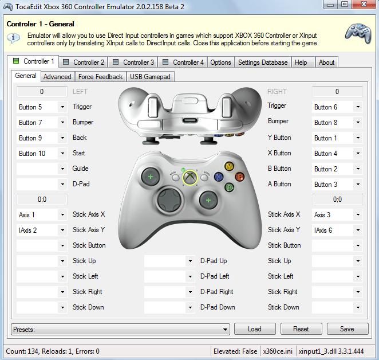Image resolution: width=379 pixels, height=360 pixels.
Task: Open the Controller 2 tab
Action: pyautogui.click(x=84, y=62)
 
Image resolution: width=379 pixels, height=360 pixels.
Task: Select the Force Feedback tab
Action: pyautogui.click(x=101, y=77)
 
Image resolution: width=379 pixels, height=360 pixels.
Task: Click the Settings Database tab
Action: pyautogui.click(x=263, y=62)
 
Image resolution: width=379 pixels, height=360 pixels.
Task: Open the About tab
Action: pyautogui.click(x=326, y=62)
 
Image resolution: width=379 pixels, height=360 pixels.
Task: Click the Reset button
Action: pyautogui.click(x=301, y=329)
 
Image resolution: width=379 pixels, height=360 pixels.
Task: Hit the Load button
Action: pyautogui.click(x=255, y=329)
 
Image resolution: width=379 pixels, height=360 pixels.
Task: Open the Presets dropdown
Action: pyautogui.click(x=120, y=329)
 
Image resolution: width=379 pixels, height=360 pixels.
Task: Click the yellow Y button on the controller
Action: pyautogui.click(x=229, y=166)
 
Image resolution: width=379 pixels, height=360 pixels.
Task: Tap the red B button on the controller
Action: pyautogui.click(x=239, y=177)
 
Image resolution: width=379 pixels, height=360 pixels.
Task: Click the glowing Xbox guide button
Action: pyautogui.click(x=190, y=177)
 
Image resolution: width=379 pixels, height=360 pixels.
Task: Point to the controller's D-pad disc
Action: pyautogui.click(x=169, y=199)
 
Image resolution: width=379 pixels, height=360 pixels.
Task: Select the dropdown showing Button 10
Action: pyautogui.click(x=42, y=154)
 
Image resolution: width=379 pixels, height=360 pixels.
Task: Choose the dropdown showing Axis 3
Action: pyautogui.click(x=337, y=215)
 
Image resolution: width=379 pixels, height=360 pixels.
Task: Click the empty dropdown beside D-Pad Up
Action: pyautogui.click(x=169, y=261)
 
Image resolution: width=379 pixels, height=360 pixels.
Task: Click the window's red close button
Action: pyautogui.click(x=364, y=4)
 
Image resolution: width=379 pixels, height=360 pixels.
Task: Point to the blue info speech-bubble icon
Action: pyautogui.click(x=13, y=38)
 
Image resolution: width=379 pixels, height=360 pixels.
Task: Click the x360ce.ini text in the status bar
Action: pyautogui.click(x=278, y=351)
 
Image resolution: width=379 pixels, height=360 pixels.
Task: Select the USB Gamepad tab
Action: pyautogui.click(x=150, y=77)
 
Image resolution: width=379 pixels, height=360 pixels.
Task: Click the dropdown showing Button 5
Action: pyautogui.click(x=42, y=107)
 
